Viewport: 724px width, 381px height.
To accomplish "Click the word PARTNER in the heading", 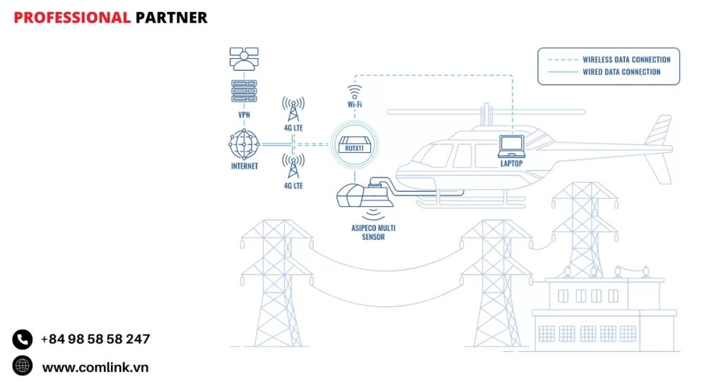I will coord(171,18).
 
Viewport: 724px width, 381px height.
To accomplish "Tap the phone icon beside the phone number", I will coord(23,339).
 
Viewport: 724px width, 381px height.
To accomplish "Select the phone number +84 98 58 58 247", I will coord(95,339).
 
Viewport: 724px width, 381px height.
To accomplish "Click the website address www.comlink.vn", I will coord(95,367).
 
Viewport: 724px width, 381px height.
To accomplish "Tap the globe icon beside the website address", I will coord(23,365).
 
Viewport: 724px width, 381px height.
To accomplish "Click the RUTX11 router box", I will coord(354,147).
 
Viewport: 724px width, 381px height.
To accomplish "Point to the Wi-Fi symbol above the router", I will coord(354,91).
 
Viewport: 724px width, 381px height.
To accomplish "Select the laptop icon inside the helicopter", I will coord(511,144).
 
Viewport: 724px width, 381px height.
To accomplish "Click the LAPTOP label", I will coord(511,164).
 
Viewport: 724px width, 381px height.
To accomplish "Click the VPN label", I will coord(244,114).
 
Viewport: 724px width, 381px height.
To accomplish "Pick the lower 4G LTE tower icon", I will coord(293,167).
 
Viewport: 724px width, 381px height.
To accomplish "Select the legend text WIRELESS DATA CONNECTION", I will coord(626,59).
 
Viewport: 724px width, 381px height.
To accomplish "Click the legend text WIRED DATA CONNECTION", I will coord(621,72).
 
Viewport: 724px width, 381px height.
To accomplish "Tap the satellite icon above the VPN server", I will coord(244,59).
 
